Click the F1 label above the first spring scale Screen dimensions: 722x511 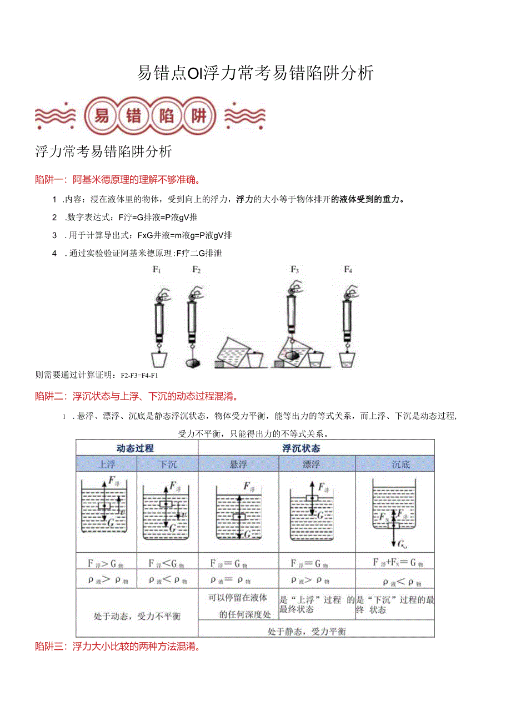(157, 270)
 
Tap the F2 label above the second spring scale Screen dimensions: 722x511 (196, 270)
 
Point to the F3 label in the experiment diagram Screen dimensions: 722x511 (294, 270)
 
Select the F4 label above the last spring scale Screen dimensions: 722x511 (348, 270)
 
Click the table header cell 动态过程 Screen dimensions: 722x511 (136, 448)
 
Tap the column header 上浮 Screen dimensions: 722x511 (107, 464)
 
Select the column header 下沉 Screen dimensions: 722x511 (167, 464)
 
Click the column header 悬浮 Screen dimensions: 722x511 (238, 464)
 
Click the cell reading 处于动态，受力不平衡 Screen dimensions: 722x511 (137, 616)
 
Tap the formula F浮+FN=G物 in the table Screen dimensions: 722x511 (398, 563)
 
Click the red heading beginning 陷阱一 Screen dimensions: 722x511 (118, 179)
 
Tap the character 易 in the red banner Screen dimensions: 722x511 (101, 116)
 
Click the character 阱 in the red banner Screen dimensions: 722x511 (198, 116)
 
